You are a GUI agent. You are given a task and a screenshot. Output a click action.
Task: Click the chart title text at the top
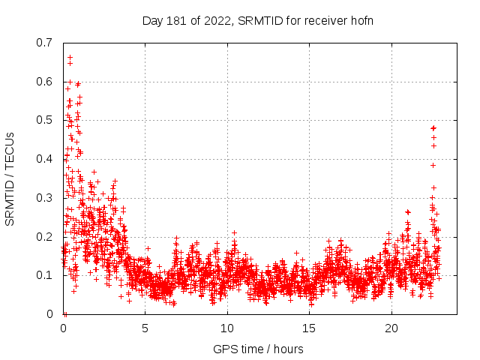point(258,20)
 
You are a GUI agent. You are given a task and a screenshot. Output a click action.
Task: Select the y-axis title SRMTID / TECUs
point(10,178)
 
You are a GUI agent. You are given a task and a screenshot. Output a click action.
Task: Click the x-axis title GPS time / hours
point(258,349)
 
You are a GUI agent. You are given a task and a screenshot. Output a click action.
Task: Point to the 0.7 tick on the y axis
point(45,43)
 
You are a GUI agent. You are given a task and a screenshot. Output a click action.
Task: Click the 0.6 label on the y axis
point(45,81)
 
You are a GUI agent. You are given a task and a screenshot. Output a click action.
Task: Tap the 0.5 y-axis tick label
point(45,120)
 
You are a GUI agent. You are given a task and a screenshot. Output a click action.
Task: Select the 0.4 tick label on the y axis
point(45,159)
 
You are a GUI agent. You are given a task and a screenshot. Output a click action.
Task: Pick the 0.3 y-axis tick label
point(45,198)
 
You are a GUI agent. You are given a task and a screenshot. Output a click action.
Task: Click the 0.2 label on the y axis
point(45,236)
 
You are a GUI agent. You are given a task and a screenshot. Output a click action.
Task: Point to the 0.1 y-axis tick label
point(45,275)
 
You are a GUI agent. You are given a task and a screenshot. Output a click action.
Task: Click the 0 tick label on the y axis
point(51,314)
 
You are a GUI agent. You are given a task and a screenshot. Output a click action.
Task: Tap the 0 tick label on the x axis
point(63,328)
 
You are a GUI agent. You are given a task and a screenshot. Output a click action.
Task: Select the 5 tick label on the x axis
point(145,328)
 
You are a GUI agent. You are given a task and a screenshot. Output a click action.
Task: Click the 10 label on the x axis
point(227,328)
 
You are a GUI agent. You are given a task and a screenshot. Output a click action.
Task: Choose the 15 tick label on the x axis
point(310,328)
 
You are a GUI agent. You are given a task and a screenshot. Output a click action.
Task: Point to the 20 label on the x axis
point(391,328)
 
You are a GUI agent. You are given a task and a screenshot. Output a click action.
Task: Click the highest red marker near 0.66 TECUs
point(70,57)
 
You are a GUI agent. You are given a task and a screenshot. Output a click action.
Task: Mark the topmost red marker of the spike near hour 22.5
point(433,128)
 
